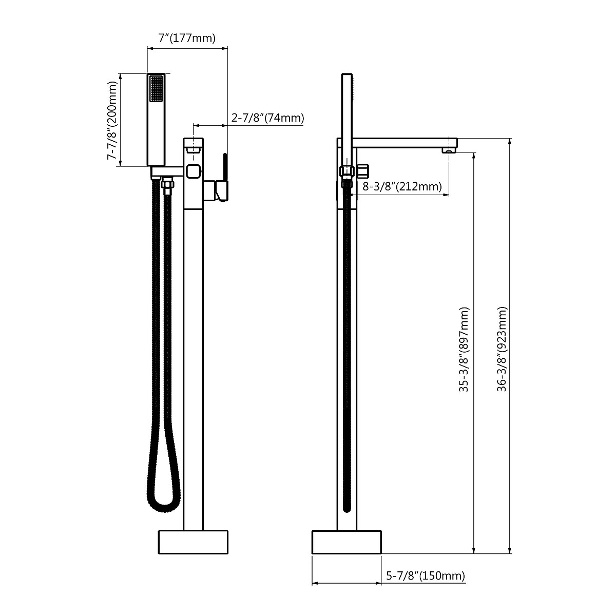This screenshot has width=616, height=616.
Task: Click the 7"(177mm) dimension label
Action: point(186,38)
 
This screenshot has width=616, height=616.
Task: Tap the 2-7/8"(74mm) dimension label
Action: point(267,118)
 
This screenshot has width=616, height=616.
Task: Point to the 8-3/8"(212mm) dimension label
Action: point(402,186)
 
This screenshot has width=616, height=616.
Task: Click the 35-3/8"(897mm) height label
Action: point(464,350)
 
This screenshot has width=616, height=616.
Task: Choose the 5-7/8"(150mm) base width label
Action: point(425,576)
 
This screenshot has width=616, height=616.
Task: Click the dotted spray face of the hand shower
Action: point(156,89)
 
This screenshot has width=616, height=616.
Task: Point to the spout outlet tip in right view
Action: point(449,150)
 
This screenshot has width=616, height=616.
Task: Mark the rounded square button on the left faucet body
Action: point(194,171)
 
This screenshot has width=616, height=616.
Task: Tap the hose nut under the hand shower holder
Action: point(167,184)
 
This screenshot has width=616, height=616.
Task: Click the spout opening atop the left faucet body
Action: point(194,149)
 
